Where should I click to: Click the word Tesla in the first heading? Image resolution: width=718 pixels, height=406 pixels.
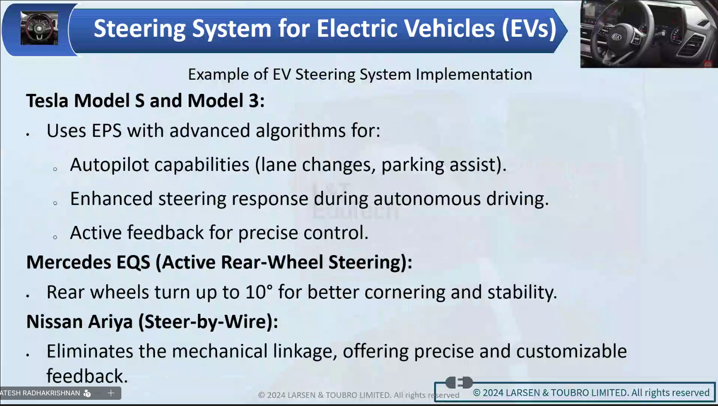(x=47, y=101)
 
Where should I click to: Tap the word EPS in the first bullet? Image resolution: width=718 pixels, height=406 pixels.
(x=106, y=131)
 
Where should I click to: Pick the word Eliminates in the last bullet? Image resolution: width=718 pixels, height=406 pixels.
(x=90, y=351)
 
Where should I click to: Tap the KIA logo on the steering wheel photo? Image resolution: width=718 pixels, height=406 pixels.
(x=616, y=37)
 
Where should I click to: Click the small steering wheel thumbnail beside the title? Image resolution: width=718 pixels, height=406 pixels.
(x=39, y=28)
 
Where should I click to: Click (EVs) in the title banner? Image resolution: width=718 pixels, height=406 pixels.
(x=529, y=29)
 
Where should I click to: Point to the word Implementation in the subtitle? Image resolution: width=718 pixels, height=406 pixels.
(x=474, y=74)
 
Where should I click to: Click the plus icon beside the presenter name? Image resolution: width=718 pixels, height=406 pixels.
(x=111, y=393)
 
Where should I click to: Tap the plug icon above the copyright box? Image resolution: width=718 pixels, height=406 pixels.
(x=459, y=382)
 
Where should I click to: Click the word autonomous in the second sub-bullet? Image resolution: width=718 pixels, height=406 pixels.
(x=427, y=199)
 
